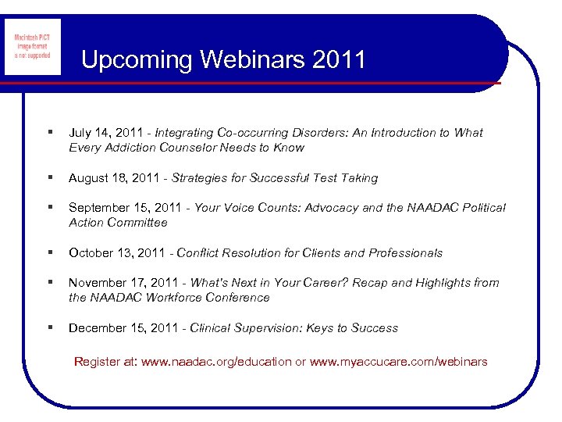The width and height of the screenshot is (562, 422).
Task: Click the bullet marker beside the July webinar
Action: [x=50, y=133]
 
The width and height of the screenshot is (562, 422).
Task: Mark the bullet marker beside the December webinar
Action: [x=50, y=328]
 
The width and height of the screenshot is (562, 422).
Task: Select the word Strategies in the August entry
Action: [x=200, y=178]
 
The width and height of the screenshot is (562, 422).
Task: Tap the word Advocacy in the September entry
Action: [x=332, y=208]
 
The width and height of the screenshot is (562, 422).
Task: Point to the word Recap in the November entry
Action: [x=371, y=283]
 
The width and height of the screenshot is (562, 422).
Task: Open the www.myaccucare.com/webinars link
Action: [x=398, y=362]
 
